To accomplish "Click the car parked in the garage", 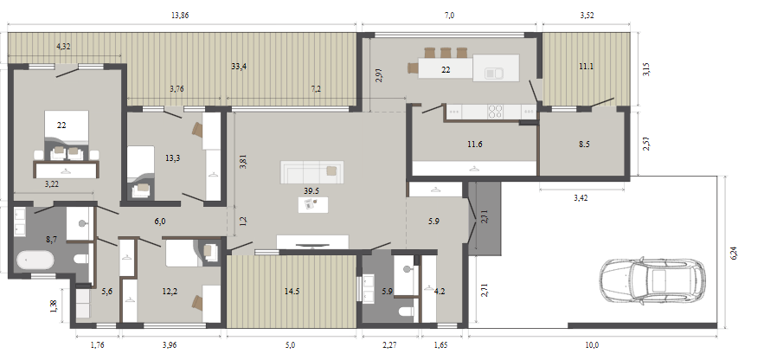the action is pos(652,281).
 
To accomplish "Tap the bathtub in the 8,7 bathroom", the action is pos(35,260).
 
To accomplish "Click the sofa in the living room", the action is pos(311,172).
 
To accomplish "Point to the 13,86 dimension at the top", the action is pos(180,16).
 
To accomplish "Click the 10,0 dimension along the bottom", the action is pos(592,345).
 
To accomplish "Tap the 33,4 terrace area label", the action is pos(239,67).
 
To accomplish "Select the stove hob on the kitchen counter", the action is pos(496,112).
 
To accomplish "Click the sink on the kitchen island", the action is pos(494,73).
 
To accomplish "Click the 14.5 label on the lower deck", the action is pos(292,292).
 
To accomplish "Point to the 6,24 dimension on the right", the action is pos(734,253).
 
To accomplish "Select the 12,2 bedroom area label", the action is pos(169,292).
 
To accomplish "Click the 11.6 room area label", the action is pos(475,145).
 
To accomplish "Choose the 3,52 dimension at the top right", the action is pos(587,16).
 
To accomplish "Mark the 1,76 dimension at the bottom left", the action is pos(98,345).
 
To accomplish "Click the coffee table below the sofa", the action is pos(313,204).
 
